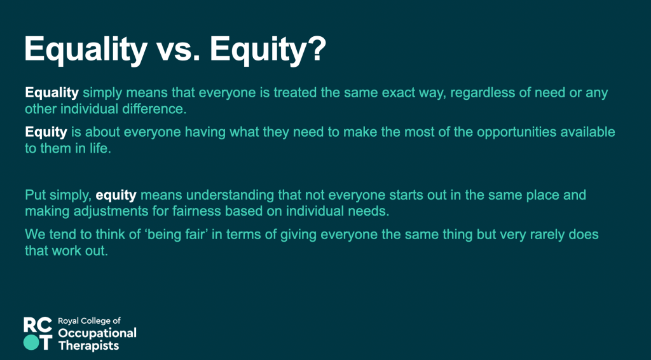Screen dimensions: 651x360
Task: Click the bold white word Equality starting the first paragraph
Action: tap(52, 93)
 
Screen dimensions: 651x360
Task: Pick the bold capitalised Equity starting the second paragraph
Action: tap(46, 132)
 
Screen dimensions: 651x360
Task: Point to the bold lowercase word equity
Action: tap(116, 195)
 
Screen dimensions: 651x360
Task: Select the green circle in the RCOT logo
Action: tap(31, 342)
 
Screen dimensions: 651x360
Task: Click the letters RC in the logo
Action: tap(38, 325)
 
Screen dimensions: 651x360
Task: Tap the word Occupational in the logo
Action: tap(97, 333)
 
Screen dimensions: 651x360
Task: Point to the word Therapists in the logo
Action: tap(88, 345)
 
